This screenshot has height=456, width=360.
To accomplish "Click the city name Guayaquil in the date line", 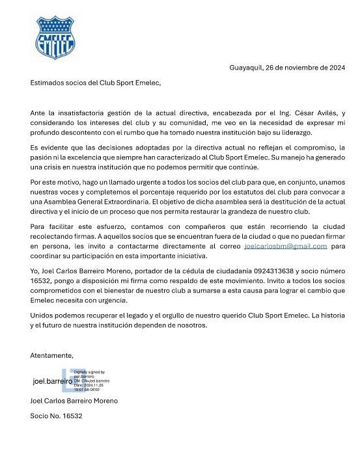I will pyautogui.click(x=248, y=68).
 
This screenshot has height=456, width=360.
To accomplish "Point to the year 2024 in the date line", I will pyautogui.click(x=335, y=68).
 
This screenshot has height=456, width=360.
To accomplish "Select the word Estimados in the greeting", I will pyautogui.click(x=49, y=83).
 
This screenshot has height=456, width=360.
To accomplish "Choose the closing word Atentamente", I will pyautogui.click(x=52, y=355).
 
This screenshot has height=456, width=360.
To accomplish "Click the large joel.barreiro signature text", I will pyautogui.click(x=52, y=381).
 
